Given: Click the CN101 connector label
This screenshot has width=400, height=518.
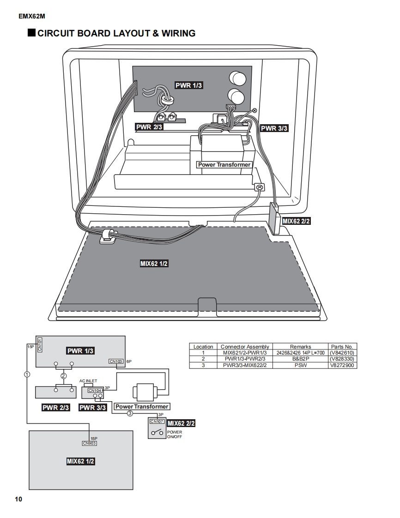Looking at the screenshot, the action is point(40,344).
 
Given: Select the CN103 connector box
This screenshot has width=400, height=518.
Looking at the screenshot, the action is point(116,361).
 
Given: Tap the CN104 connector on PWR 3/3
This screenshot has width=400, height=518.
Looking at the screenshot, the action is point(95,391).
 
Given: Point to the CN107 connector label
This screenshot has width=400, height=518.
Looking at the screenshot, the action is point(157,422).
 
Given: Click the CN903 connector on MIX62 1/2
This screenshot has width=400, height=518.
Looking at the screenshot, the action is point(90,443).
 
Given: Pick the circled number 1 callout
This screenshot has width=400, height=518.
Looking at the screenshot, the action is point(27,374).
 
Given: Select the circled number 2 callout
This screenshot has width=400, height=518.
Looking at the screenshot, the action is point(64,376).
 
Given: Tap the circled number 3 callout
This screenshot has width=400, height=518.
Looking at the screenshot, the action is point(130,413).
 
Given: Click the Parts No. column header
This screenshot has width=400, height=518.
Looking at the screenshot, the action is point(342,347).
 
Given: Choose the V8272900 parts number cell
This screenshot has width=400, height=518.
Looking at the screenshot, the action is point(342,365).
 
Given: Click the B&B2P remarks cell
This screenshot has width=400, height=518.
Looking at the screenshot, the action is point(301,359).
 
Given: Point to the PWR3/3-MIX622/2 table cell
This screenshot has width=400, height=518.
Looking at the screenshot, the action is point(245,365).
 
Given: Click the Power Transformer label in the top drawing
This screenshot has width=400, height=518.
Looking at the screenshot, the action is point(224,164).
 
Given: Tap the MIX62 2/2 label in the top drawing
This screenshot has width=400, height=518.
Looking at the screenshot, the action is point(296,221).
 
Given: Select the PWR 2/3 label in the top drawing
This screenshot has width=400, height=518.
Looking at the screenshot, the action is point(149,127).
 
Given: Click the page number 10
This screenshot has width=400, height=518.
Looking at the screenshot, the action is point(18,499).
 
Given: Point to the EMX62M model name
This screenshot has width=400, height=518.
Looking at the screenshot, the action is point(32,16).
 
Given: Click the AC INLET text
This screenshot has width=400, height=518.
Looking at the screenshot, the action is point(88,381).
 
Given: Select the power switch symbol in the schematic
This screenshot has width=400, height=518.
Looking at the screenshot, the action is point(157,433).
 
